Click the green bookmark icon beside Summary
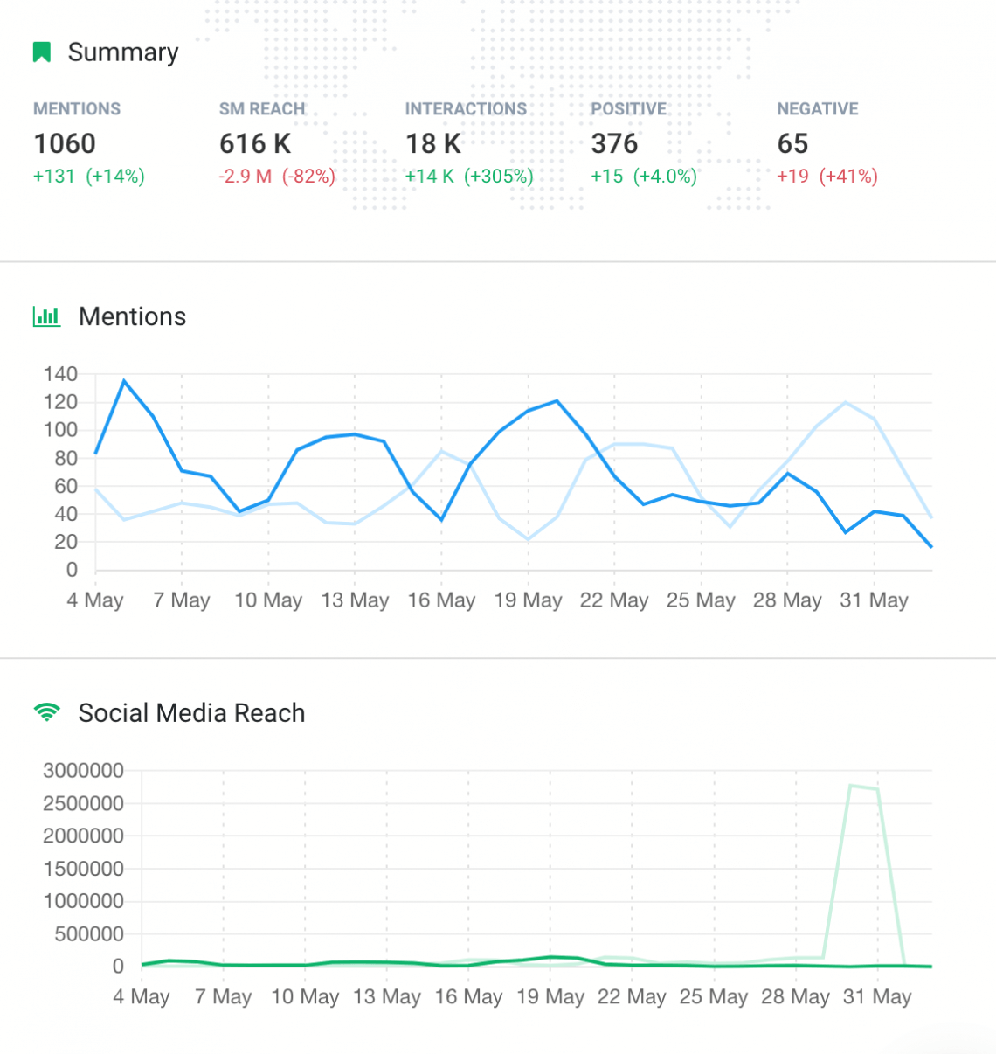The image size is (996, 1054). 41,52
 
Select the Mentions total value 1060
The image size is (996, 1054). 65,143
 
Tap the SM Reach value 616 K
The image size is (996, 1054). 255,143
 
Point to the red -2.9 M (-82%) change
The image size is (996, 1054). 277,177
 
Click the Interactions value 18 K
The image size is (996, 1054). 433,143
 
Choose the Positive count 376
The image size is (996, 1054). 614,143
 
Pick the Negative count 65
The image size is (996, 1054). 792,143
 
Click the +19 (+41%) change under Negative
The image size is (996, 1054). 827,177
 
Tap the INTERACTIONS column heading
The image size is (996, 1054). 466,109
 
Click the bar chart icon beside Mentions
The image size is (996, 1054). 46,316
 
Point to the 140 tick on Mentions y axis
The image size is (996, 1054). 60,374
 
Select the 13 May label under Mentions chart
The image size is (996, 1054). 355,600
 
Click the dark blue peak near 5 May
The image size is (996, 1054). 124,381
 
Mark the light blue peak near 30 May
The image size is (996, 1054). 846,402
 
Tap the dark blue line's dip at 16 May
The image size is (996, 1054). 441,520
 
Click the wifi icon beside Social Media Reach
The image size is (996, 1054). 46,712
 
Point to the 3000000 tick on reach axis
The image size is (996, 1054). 83,771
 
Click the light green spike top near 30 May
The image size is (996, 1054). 851,786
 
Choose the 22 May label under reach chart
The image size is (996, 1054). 632,997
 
